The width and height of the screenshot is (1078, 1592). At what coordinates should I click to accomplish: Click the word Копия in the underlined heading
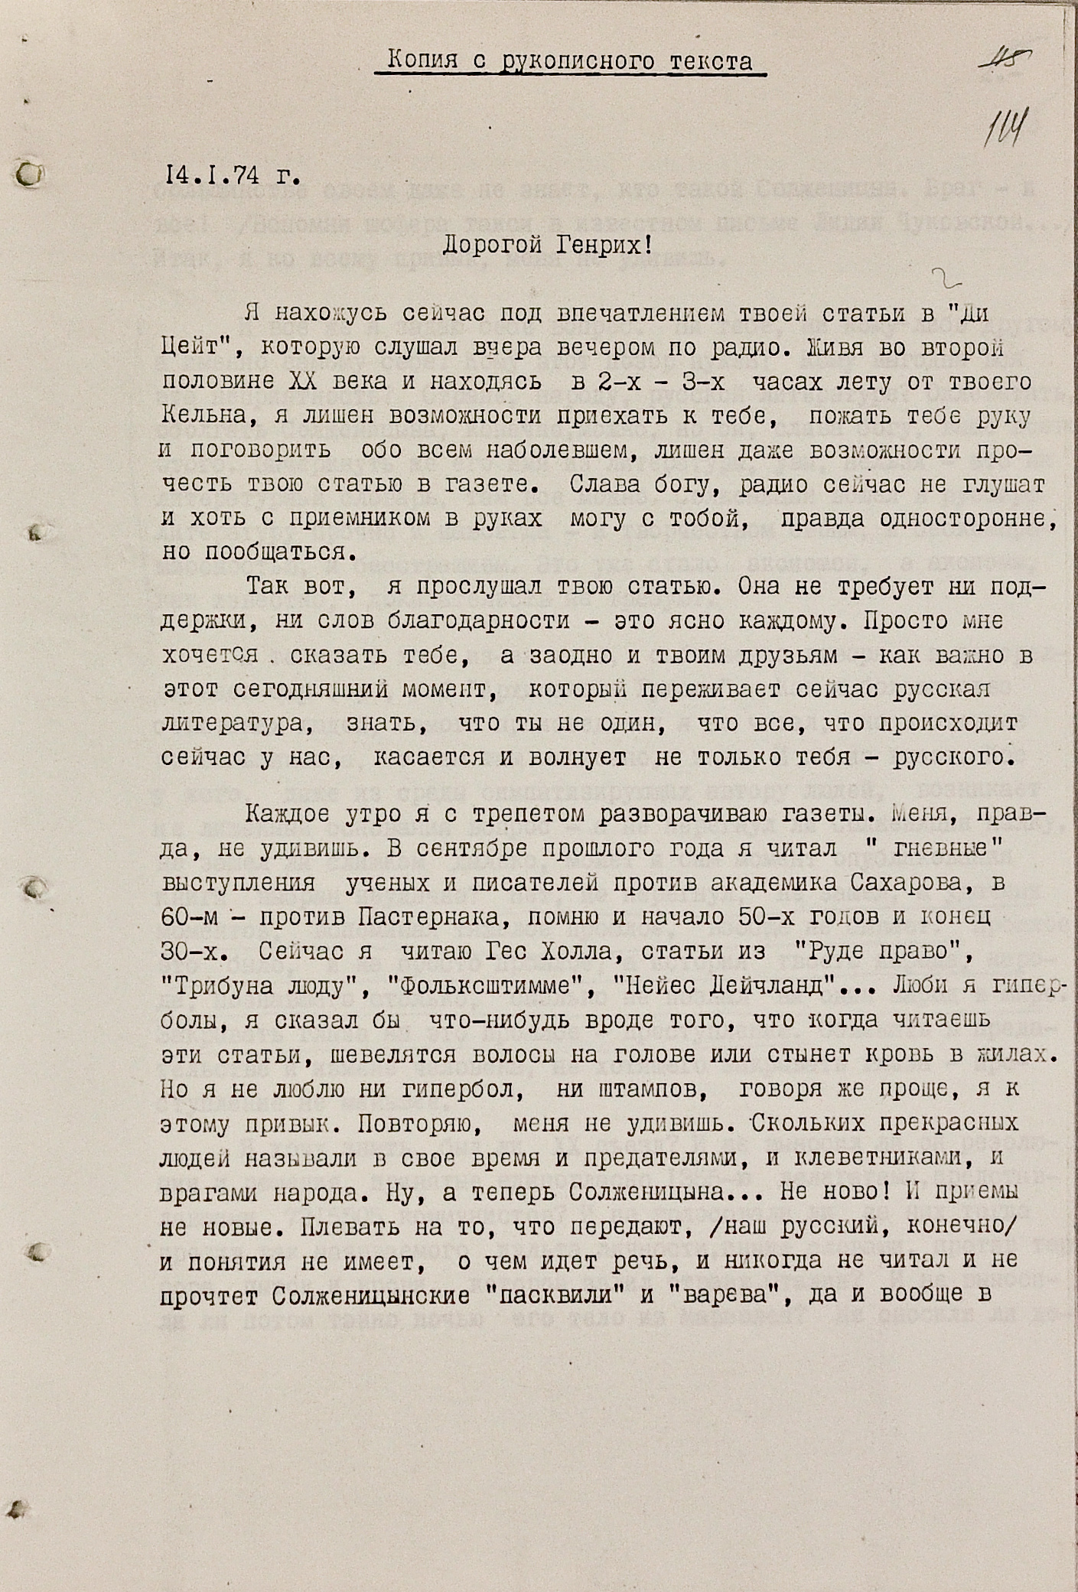coord(418,60)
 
